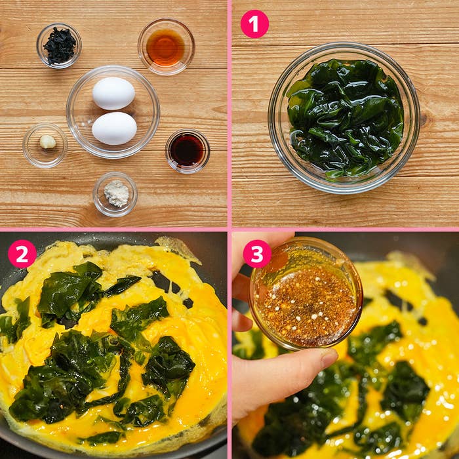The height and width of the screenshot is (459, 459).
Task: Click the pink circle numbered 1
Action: [x=254, y=24]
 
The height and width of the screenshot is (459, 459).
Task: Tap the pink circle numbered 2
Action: [x=22, y=254]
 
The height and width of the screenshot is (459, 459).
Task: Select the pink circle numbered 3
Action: [x=257, y=254]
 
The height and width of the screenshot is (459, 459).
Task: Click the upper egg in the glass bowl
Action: [x=113, y=93]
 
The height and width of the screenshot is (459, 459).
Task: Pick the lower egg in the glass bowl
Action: [x=114, y=129]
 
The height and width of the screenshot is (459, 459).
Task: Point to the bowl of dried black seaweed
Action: [x=59, y=46]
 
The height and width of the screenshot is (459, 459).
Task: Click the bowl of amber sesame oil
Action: [x=166, y=47]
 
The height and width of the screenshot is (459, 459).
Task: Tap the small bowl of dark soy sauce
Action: [x=188, y=151]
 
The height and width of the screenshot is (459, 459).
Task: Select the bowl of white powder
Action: [x=115, y=194]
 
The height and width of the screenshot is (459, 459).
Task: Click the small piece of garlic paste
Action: [x=48, y=142]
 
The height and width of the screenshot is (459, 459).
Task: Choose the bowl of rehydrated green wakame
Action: [x=344, y=118]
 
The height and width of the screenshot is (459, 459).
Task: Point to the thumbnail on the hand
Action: [x=329, y=358]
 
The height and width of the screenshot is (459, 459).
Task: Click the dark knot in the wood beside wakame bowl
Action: [x=424, y=119]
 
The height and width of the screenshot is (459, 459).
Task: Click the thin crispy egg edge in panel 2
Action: [x=178, y=249]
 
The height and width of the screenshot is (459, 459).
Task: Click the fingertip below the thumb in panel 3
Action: [x=241, y=321]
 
